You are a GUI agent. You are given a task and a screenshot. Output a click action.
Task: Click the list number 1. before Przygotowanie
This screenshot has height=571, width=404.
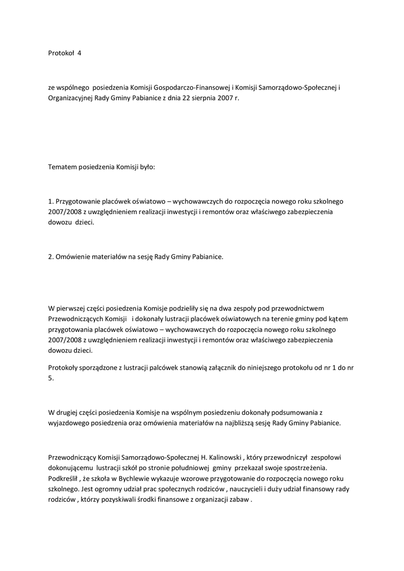coord(51,201)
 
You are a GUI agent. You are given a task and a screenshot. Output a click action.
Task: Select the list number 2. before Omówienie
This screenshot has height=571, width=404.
coord(51,257)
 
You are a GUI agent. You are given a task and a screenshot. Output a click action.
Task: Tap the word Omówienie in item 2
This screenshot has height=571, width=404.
coord(74,257)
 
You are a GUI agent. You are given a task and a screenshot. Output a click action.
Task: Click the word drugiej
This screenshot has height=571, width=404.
coord(69,412)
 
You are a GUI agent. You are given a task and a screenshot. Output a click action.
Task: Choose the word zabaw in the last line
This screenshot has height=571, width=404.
coord(240,500)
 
